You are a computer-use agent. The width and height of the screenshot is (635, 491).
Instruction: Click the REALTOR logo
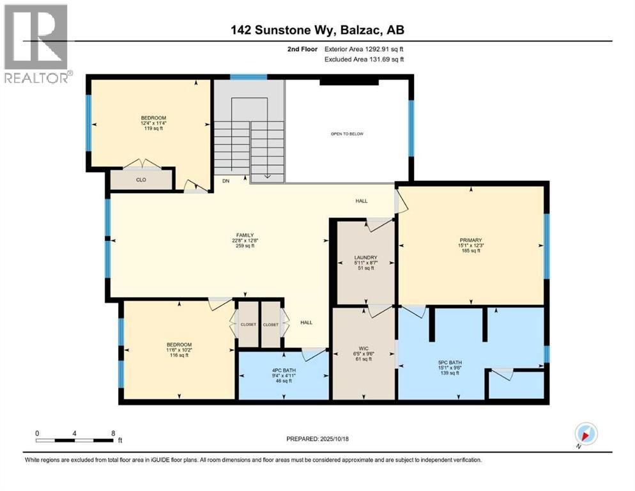(x=36, y=43)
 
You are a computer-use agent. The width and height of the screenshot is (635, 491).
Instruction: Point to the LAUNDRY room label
(x=365, y=258)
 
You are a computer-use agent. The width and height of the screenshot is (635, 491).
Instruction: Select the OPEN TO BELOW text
(x=347, y=134)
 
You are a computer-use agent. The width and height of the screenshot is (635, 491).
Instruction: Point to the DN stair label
(x=226, y=181)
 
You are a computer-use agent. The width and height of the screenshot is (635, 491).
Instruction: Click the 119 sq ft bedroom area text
(x=153, y=129)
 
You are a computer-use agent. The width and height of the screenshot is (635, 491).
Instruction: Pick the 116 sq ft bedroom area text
(x=179, y=355)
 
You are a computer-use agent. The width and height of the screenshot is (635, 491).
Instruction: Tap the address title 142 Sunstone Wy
(x=317, y=29)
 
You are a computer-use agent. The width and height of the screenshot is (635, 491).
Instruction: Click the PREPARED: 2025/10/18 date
(x=318, y=439)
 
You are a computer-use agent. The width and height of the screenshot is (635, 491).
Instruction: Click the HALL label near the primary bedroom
(x=362, y=201)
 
